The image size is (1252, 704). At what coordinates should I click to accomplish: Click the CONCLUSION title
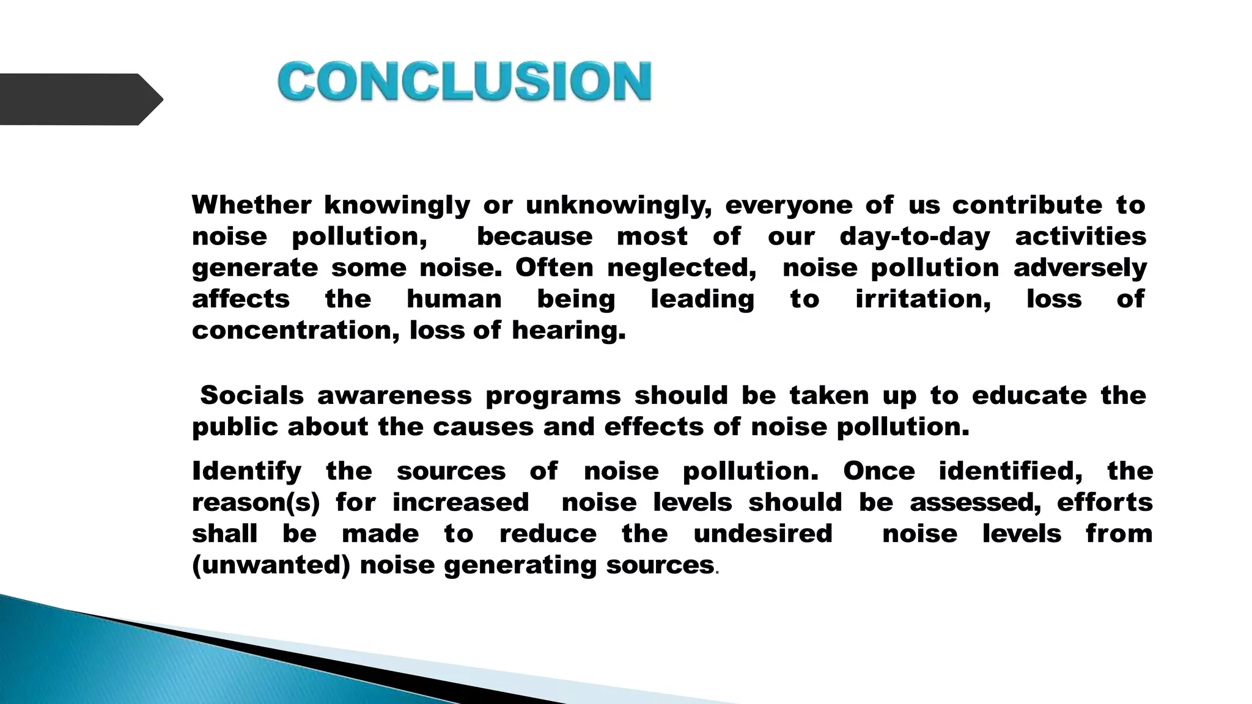point(465,81)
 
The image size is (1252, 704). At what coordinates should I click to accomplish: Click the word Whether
point(251,205)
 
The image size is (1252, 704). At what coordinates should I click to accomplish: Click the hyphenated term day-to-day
point(915,237)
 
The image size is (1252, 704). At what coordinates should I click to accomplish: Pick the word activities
point(1080,237)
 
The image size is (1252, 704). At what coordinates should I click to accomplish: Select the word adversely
point(1080,268)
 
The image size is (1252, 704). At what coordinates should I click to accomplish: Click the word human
point(454,299)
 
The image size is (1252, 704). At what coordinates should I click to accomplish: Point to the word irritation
point(922,299)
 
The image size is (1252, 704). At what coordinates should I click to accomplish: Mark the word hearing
point(569,331)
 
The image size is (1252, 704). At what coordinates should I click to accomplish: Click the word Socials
point(252,395)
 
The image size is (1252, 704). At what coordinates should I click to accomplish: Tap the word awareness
point(394,395)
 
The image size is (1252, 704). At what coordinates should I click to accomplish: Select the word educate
point(1029,395)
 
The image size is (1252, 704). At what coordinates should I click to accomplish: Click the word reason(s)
point(256,503)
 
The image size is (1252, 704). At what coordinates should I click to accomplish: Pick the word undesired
point(763,533)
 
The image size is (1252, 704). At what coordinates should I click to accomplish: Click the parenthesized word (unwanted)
point(271,565)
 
